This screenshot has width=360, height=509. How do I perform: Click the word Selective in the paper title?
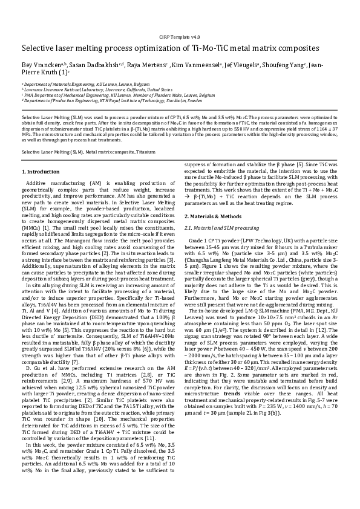click(41, 48)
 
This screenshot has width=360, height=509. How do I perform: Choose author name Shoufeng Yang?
click(285, 63)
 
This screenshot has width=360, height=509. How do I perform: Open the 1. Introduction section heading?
click(40, 172)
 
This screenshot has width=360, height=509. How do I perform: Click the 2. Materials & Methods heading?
click(213, 216)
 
